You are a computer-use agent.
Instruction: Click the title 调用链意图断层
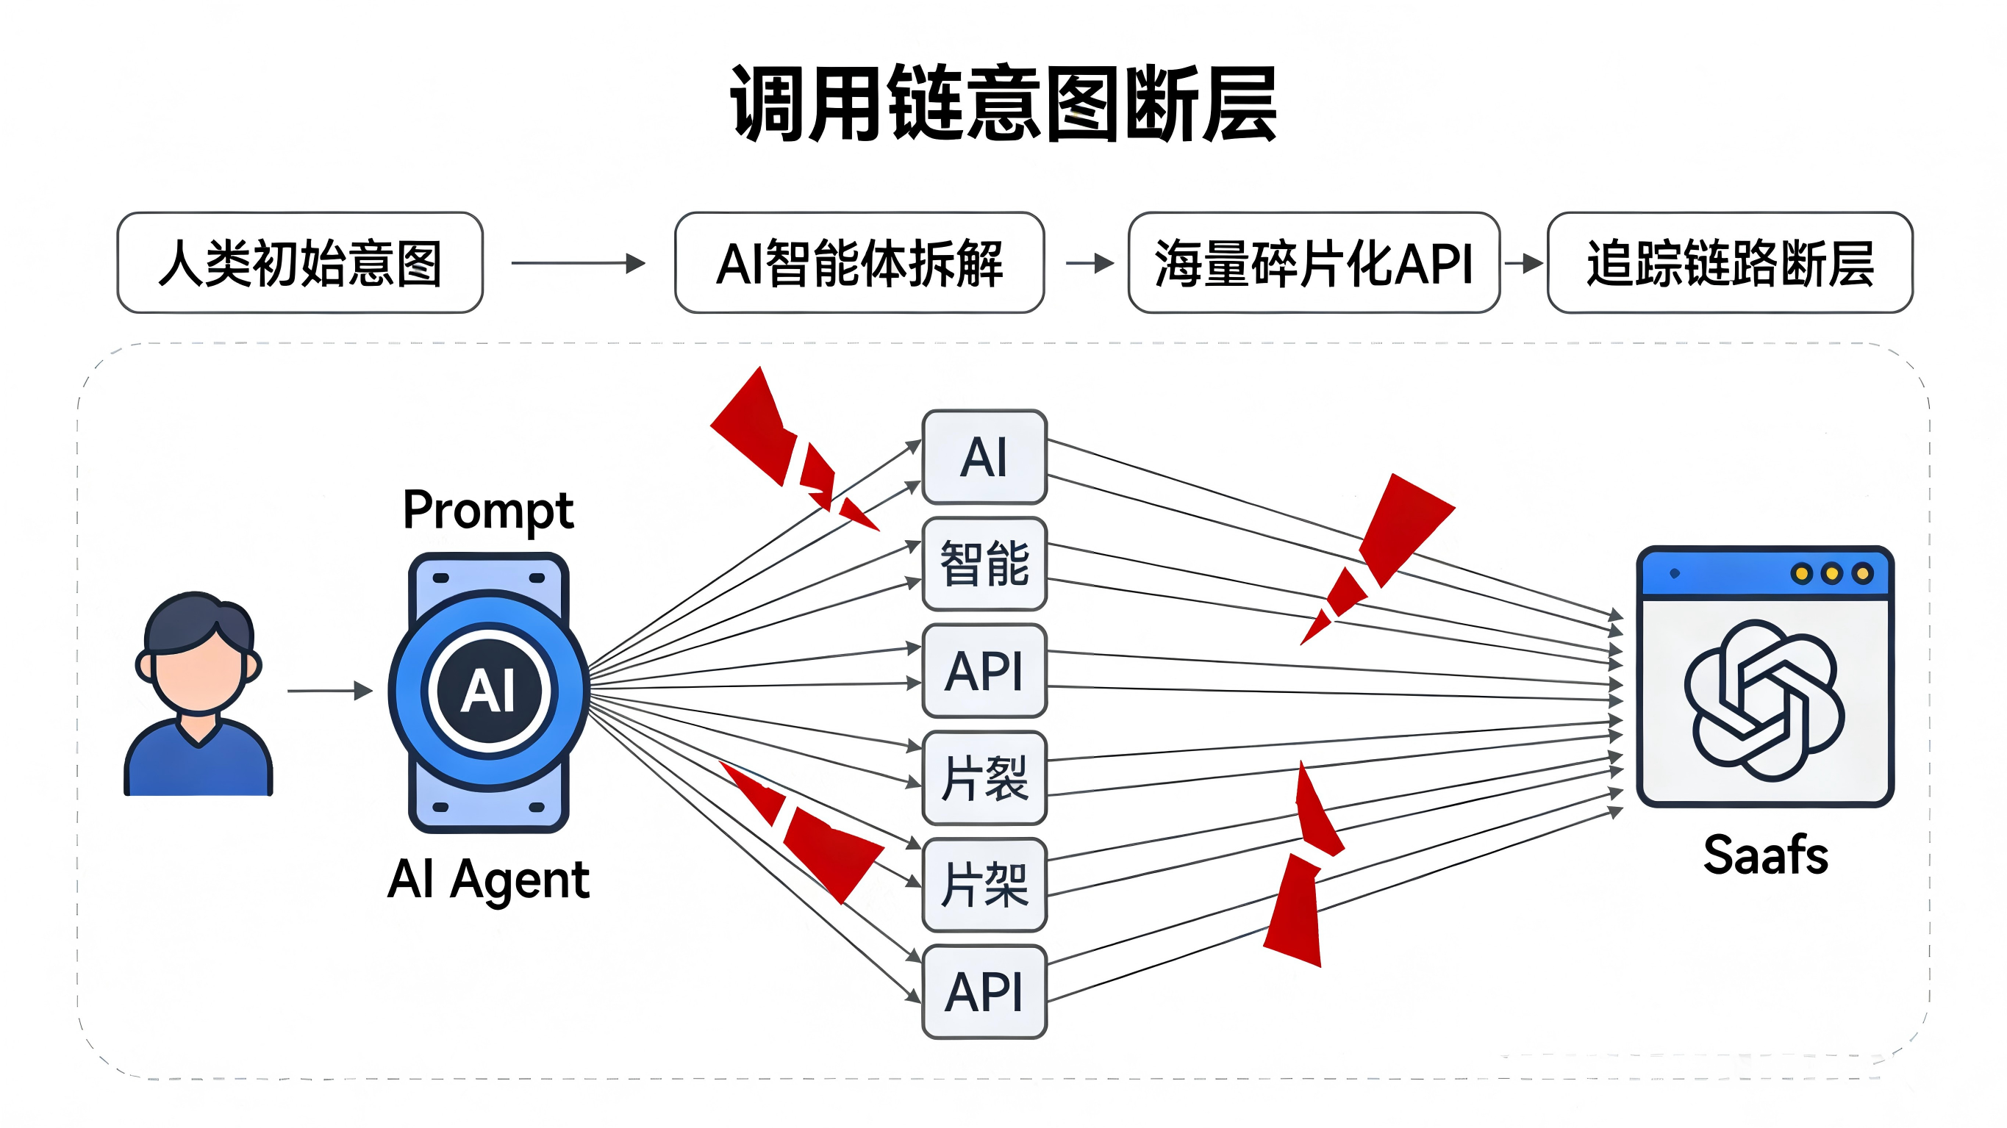click(1003, 104)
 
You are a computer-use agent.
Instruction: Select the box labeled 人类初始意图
click(300, 263)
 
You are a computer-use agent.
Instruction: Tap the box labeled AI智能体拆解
click(859, 263)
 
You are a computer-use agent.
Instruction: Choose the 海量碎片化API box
click(1314, 263)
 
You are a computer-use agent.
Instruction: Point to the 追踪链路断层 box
click(1730, 263)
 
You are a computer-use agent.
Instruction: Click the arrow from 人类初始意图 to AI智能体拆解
click(578, 263)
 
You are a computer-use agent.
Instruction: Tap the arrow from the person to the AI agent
click(329, 690)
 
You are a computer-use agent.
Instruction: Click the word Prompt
click(487, 511)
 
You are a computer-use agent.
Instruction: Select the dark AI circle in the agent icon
click(488, 690)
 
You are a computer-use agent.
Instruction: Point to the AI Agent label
click(487, 880)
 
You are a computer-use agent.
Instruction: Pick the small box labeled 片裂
click(984, 777)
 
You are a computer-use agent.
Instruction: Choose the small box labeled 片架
click(984, 884)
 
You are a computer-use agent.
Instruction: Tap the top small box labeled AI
click(984, 457)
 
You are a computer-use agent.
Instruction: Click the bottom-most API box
click(984, 991)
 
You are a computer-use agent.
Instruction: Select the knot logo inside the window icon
click(1764, 700)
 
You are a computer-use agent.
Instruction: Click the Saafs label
click(1764, 855)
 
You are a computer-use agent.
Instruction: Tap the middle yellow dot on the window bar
click(1832, 574)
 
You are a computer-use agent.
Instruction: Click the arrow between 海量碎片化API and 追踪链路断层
click(1524, 263)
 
